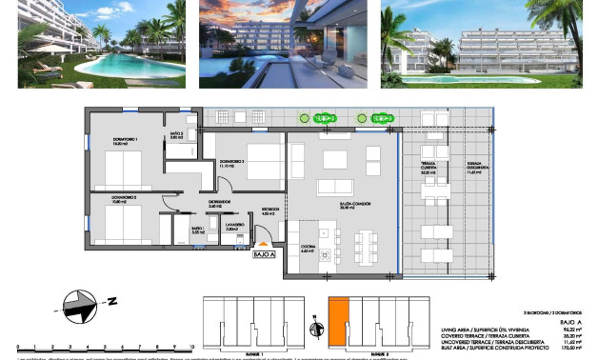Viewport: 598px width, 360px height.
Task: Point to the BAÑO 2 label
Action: pyautogui.click(x=176, y=136)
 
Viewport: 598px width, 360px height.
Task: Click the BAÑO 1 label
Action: pyautogui.click(x=198, y=230)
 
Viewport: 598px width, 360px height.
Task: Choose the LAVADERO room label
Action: pyautogui.click(x=230, y=230)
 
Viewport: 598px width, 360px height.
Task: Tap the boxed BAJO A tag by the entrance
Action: pyautogui.click(x=264, y=254)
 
